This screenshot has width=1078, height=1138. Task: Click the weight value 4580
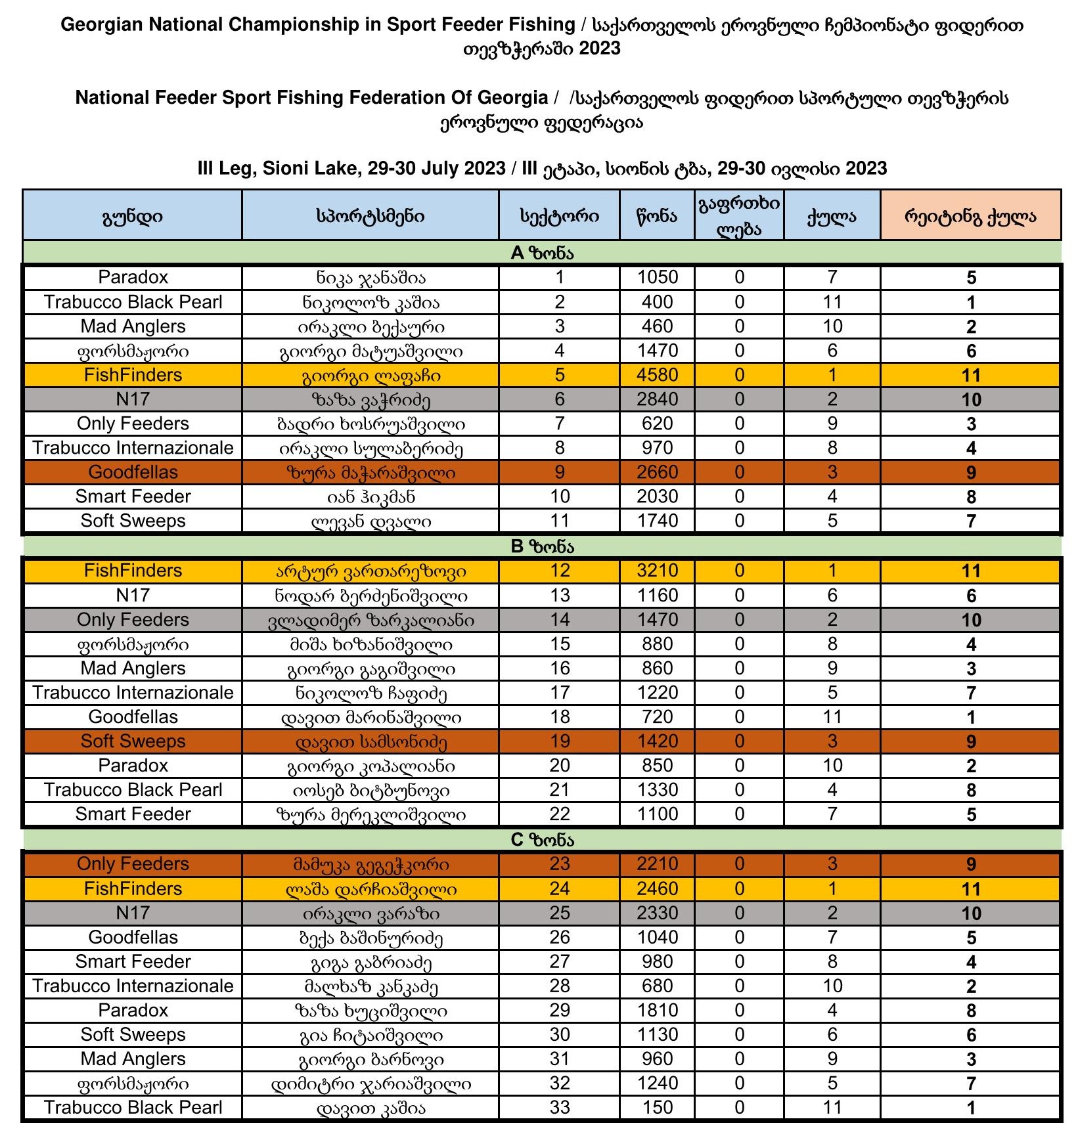(657, 375)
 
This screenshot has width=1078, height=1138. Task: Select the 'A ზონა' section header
(542, 253)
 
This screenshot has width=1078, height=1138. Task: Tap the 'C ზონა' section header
(542, 840)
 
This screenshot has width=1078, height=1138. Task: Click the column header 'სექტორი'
(559, 216)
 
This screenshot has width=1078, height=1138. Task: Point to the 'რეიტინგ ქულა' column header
(970, 216)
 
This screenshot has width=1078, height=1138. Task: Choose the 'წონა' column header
(657, 216)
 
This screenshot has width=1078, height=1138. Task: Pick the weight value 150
(657, 1108)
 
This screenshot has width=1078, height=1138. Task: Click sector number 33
(559, 1108)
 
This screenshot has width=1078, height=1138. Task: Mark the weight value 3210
(657, 571)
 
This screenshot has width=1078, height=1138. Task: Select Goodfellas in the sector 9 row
(133, 472)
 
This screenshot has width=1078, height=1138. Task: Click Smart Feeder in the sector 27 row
(133, 961)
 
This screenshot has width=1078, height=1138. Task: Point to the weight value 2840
(657, 399)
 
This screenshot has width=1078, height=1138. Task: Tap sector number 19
(559, 741)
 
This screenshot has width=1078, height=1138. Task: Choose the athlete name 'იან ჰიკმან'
(371, 497)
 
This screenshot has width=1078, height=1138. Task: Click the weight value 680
(657, 986)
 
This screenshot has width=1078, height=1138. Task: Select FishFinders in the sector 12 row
(133, 571)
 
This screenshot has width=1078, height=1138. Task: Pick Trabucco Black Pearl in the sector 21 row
(133, 790)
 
